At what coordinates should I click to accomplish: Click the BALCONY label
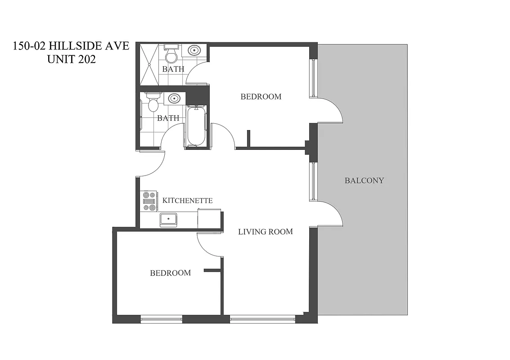(364, 180)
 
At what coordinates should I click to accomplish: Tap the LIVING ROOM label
(265, 232)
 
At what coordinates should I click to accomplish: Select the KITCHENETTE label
(187, 200)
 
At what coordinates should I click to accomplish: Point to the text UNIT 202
(71, 59)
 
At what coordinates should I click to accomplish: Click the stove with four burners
(149, 201)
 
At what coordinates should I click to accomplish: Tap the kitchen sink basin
(169, 219)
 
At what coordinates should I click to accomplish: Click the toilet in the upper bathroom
(171, 55)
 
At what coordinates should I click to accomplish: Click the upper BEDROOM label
(261, 96)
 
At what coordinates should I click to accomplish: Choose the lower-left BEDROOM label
(170, 273)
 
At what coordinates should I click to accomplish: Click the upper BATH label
(173, 69)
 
